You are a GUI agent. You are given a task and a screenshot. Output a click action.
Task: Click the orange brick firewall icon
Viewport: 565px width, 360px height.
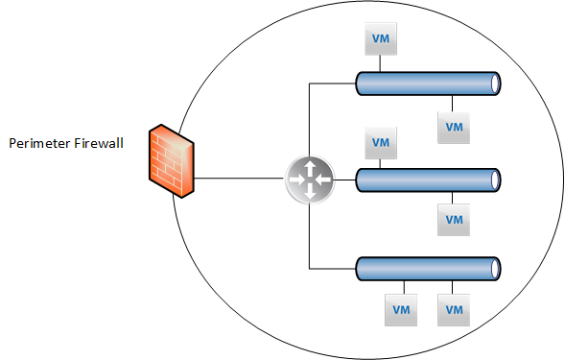[x=172, y=161]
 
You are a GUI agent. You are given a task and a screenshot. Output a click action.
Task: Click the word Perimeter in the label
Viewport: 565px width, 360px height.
[x=39, y=143]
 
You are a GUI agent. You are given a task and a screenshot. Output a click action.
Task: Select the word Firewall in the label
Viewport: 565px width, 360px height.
[x=99, y=143]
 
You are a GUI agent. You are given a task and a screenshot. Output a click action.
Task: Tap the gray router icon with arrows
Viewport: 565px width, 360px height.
[x=310, y=180]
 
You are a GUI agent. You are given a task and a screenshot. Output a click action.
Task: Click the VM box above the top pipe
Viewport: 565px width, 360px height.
[x=381, y=39]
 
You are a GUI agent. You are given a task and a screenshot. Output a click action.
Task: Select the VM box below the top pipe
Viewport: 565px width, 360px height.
[x=454, y=128]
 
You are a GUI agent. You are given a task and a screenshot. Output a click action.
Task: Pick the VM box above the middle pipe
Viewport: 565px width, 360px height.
[x=381, y=143]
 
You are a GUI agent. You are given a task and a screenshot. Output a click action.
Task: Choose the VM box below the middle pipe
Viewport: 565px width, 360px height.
[x=454, y=220]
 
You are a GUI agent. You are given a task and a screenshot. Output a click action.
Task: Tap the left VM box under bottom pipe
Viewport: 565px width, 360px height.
[x=401, y=310]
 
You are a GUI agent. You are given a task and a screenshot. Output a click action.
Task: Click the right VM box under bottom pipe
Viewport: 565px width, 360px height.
[x=454, y=310]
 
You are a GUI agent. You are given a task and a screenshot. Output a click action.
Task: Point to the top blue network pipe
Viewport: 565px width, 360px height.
[x=428, y=84]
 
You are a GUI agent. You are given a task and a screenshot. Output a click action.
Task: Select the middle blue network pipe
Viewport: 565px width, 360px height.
[x=428, y=180]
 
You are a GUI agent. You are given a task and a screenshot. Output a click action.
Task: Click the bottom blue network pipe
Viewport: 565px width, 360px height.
[x=428, y=269]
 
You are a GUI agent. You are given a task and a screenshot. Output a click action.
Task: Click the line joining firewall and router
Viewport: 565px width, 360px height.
[x=239, y=178]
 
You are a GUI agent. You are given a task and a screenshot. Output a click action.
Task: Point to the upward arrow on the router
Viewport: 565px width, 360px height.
[x=310, y=168]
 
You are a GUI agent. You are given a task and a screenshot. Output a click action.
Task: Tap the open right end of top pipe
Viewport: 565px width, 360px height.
[x=496, y=84]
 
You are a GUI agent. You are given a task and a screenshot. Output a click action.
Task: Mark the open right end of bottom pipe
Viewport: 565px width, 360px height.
[x=496, y=269]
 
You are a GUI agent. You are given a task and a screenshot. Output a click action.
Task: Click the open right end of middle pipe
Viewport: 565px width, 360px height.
[x=496, y=180]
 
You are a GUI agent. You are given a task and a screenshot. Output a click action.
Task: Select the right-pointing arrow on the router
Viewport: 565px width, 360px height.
[x=297, y=180]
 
